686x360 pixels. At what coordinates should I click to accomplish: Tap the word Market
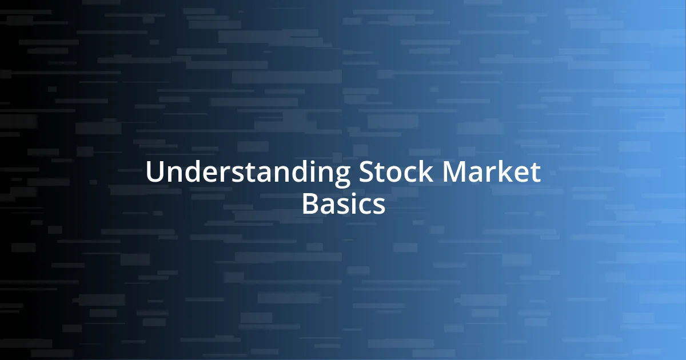[489, 173]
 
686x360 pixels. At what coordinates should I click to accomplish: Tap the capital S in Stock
[366, 173]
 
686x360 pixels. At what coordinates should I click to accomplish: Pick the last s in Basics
[378, 205]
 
